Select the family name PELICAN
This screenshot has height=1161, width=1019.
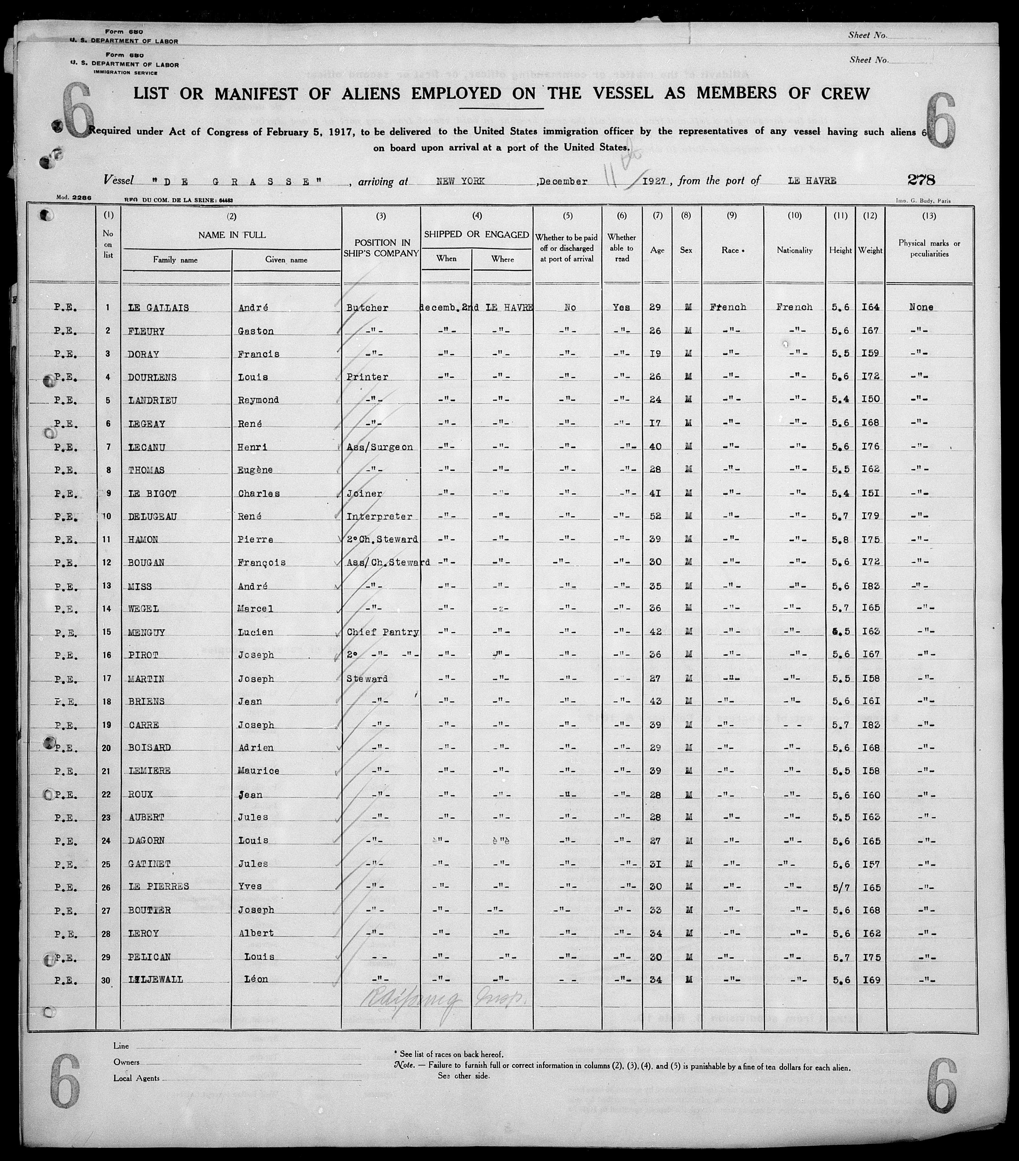point(149,957)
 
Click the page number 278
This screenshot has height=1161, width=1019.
point(921,180)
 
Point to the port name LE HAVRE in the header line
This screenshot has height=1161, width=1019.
point(812,181)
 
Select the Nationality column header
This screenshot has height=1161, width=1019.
point(794,250)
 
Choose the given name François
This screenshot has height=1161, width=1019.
point(261,563)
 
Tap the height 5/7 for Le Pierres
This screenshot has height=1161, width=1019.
point(840,887)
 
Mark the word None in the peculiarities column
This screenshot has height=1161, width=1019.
point(921,307)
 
